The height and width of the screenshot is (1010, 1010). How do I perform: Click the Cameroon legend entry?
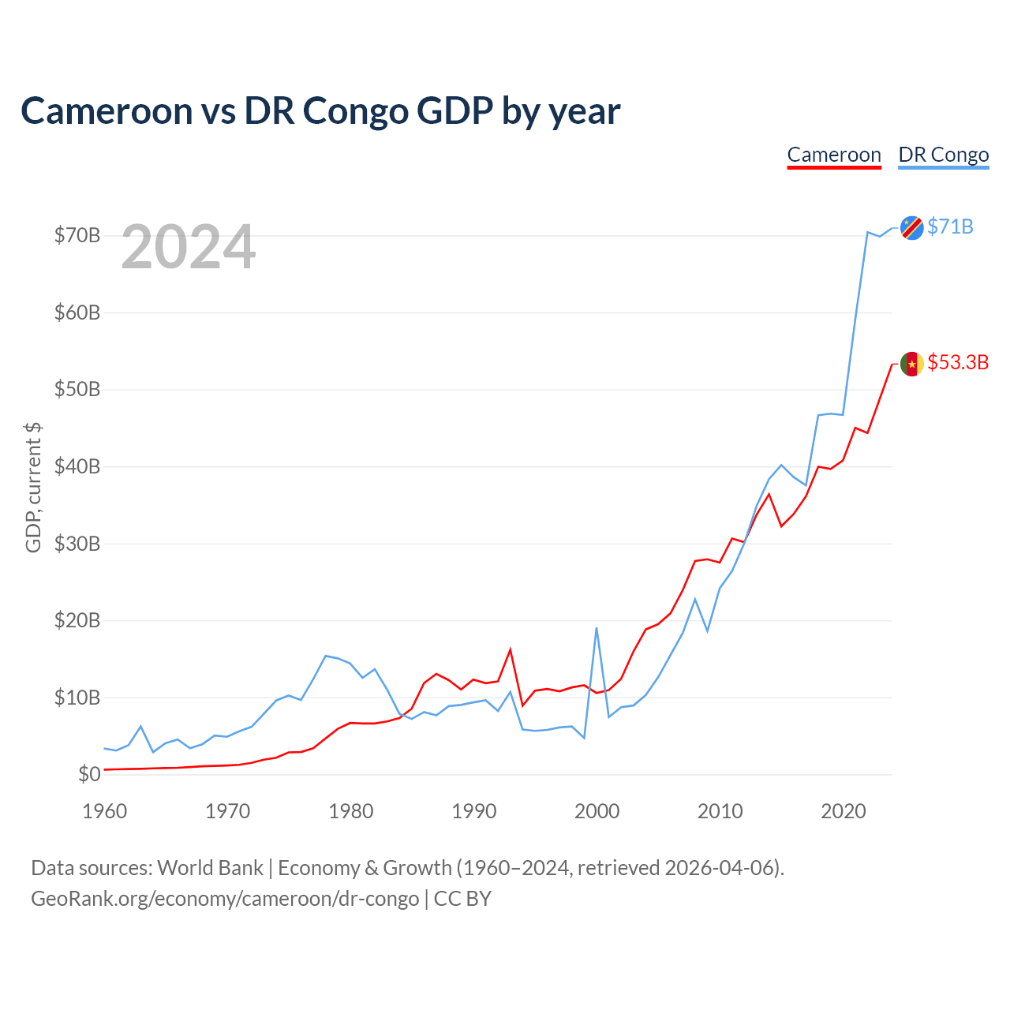click(834, 155)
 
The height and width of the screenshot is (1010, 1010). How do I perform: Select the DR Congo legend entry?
click(944, 155)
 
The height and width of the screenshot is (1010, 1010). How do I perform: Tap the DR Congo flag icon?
click(911, 227)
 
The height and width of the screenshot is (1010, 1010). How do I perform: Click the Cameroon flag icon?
click(911, 364)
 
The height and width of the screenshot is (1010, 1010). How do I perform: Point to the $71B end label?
click(950, 227)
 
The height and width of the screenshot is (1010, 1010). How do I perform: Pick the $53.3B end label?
click(958, 363)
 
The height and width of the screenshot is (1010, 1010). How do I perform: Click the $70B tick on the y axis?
click(77, 235)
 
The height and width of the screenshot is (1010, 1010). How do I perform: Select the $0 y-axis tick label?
click(89, 774)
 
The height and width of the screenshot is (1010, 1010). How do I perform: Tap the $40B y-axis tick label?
click(77, 466)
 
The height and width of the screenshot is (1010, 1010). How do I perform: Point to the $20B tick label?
click(77, 620)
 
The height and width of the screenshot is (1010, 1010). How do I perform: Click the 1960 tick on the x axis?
click(105, 811)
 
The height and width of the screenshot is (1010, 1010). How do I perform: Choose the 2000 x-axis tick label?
click(597, 811)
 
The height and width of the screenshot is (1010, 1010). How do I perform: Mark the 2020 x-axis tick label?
click(843, 811)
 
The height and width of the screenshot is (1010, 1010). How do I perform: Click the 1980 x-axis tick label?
click(350, 811)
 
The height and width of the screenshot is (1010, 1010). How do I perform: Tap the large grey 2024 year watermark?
click(188, 246)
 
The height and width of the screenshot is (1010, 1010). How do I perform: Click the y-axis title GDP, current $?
click(33, 488)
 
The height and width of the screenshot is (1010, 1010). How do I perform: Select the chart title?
click(320, 111)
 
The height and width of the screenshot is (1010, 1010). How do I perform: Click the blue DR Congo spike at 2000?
click(597, 628)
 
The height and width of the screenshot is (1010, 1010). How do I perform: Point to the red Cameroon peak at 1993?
click(510, 650)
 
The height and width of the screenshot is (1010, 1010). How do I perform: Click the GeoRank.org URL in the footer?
click(225, 899)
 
